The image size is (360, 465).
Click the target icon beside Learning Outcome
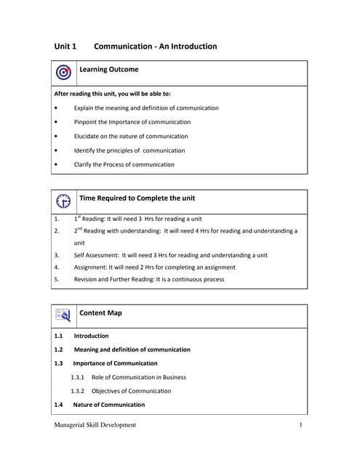(x=63, y=73)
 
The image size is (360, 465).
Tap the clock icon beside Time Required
(x=63, y=201)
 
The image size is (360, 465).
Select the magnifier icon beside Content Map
(x=63, y=315)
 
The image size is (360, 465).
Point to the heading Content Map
(x=100, y=313)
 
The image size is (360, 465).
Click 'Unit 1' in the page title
(x=65, y=46)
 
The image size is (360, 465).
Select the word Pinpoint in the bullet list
(x=86, y=122)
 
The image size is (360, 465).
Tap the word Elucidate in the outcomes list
(x=87, y=136)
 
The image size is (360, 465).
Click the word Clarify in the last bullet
(x=84, y=164)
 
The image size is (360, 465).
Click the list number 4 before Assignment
(x=57, y=267)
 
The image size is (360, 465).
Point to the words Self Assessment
(x=96, y=255)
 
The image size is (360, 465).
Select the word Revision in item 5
(x=87, y=278)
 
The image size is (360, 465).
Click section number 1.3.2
(x=78, y=391)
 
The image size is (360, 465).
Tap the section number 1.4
(x=59, y=405)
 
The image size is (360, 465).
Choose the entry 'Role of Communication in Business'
(x=138, y=377)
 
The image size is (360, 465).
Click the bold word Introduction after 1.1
(x=91, y=336)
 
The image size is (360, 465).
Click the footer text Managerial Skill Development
(x=95, y=425)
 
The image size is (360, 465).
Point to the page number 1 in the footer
(x=300, y=425)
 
